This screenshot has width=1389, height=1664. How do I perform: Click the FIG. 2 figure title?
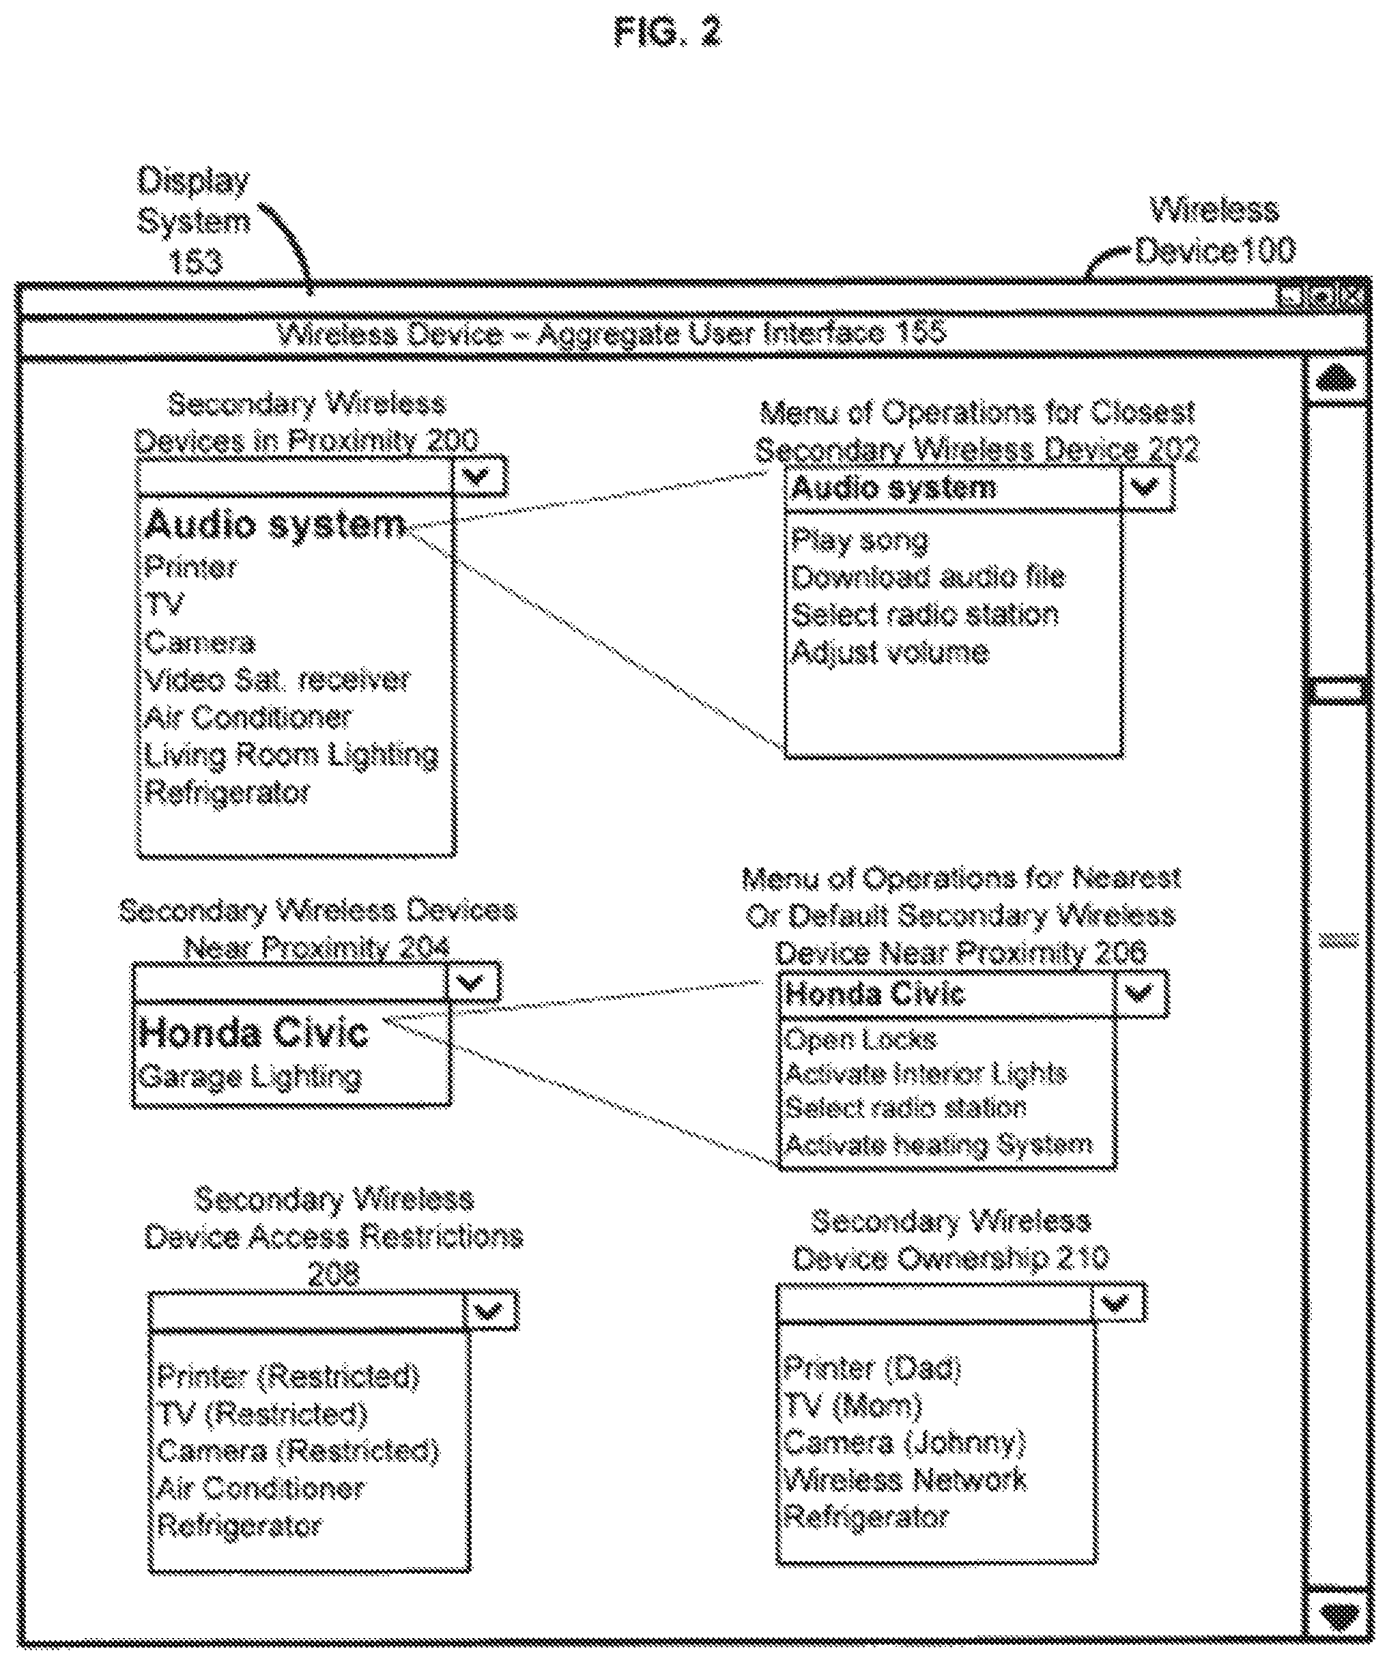(x=668, y=33)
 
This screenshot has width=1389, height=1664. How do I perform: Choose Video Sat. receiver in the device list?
(x=277, y=680)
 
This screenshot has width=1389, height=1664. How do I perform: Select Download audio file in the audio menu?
(x=928, y=577)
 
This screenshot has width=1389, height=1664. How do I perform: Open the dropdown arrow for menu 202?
(x=1147, y=487)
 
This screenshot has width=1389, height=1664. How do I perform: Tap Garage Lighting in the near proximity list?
(x=250, y=1078)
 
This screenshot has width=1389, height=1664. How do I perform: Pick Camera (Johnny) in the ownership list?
(x=905, y=1442)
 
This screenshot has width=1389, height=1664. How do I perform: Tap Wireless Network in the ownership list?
(x=905, y=1479)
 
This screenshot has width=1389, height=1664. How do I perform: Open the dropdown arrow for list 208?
(x=492, y=1311)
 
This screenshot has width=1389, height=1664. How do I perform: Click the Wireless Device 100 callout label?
(x=1216, y=231)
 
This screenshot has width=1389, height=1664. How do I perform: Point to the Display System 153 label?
(x=194, y=221)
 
